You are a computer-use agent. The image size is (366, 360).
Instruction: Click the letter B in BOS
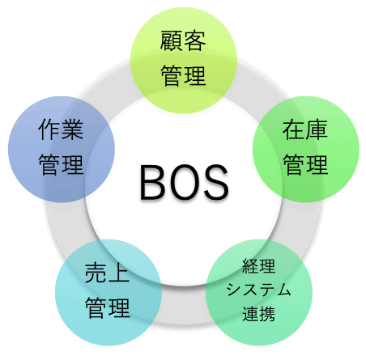point(151,183)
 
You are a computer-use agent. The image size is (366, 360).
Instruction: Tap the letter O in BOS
point(185,183)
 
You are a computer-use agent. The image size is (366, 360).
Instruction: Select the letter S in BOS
point(216,183)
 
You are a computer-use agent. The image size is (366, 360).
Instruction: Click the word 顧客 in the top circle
point(183,40)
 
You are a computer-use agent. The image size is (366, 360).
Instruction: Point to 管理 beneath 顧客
point(183,76)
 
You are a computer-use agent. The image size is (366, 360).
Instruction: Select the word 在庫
point(305,129)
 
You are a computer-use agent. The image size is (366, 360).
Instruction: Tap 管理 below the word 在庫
point(305,164)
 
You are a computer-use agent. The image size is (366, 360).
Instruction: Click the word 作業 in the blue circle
point(61,129)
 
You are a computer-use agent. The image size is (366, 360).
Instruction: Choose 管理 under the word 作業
point(61,164)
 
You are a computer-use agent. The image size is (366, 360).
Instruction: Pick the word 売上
point(108,273)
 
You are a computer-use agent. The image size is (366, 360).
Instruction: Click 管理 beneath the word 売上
point(108,307)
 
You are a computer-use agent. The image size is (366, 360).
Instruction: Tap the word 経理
point(258,266)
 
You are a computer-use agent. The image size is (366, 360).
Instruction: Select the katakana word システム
point(258,290)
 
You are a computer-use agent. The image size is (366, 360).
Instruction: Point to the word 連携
point(258,314)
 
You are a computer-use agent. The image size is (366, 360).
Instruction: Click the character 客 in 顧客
point(195,40)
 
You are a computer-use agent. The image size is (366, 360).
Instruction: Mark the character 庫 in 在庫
point(317,129)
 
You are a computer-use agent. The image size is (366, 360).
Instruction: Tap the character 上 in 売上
point(119,273)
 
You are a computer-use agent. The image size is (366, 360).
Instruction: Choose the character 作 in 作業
point(49,129)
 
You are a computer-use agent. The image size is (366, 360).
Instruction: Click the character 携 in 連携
point(267,314)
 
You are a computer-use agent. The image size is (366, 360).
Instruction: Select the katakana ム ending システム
point(283,290)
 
